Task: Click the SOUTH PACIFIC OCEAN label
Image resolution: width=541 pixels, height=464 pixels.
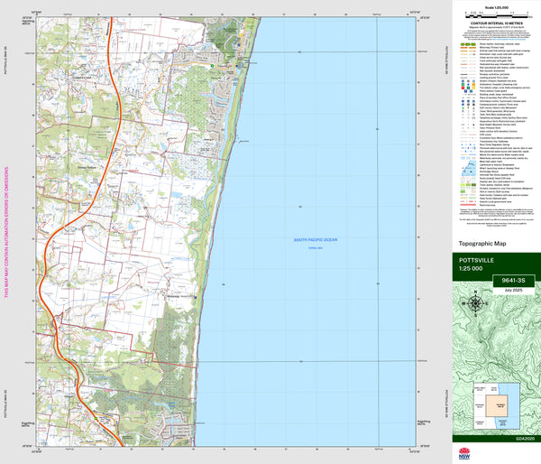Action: tap(313, 239)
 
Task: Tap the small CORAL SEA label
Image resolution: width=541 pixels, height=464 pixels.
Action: tap(313, 246)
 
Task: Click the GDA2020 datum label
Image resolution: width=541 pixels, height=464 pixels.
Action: tap(517, 438)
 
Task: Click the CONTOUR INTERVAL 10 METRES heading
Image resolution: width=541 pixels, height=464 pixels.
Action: tap(495, 23)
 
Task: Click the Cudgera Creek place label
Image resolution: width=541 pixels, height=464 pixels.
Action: tap(84, 77)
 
